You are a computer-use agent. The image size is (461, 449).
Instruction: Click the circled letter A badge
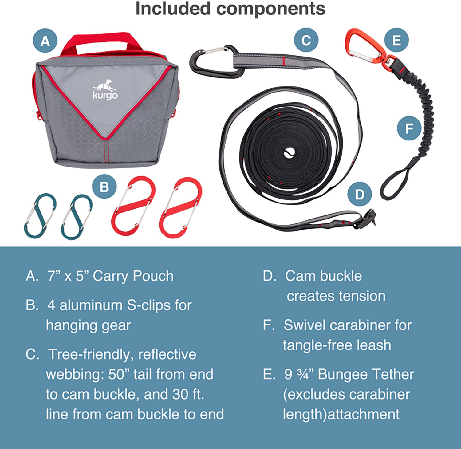pos(45,41)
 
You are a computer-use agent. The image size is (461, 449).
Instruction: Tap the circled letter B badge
pos(104,187)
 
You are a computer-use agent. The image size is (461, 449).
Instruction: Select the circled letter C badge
pos(306,40)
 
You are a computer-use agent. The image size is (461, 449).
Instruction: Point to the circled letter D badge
pos(360,194)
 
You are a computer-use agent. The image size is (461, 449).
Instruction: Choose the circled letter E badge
pos(396,40)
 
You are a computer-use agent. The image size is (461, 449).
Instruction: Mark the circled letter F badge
pos(409,128)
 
